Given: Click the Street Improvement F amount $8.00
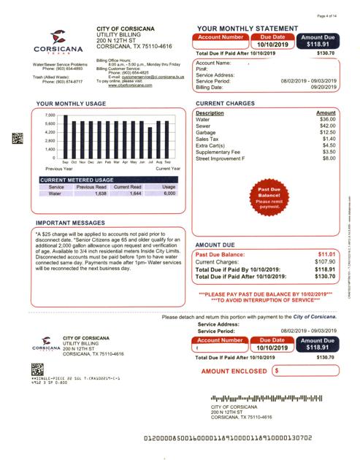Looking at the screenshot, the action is tap(329, 158).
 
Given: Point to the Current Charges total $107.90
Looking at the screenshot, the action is tap(324, 261).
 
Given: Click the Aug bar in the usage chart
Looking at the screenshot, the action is tap(158, 139).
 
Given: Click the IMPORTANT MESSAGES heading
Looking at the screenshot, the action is tap(70, 224).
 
